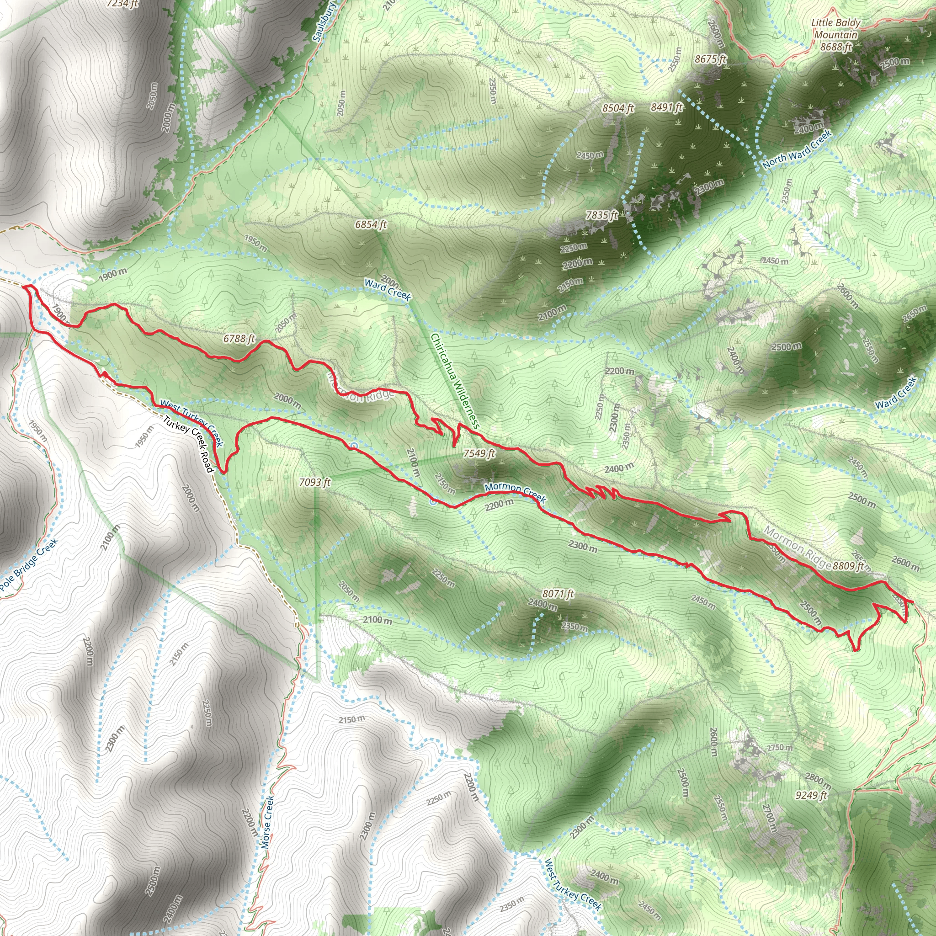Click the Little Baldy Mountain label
[x=836, y=29]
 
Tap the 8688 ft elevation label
[x=836, y=47]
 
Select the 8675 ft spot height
[x=710, y=59]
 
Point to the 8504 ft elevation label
[x=618, y=108]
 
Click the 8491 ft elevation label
[x=667, y=107]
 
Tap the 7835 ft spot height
[x=602, y=215]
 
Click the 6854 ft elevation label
[x=371, y=224]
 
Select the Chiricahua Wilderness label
[x=455, y=381]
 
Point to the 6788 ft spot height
[x=239, y=339]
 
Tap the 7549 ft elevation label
[x=479, y=453]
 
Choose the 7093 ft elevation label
[x=314, y=482]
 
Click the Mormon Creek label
[x=515, y=492]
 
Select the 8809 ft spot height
[x=848, y=566]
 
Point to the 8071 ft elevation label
[x=558, y=594]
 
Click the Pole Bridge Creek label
[x=29, y=565]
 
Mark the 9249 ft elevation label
[x=811, y=795]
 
